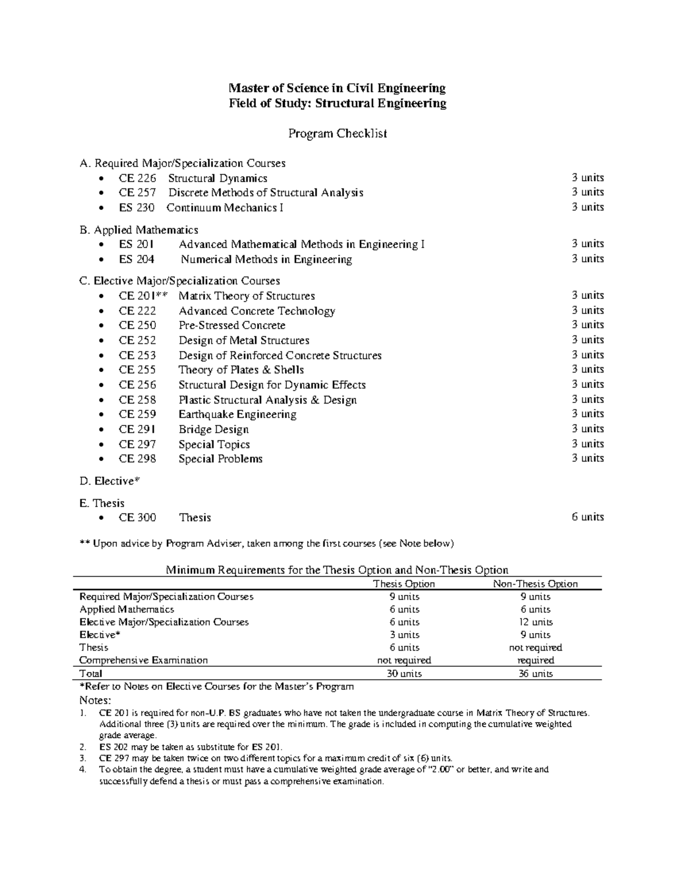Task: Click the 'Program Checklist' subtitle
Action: pyautogui.click(x=337, y=134)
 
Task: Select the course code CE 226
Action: pyautogui.click(x=137, y=178)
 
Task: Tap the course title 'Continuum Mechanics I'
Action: pyautogui.click(x=225, y=208)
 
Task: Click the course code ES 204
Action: pyautogui.click(x=136, y=259)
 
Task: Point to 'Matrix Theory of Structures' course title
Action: pyautogui.click(x=246, y=296)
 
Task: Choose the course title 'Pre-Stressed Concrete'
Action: pyautogui.click(x=232, y=325)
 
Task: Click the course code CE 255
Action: pyautogui.click(x=137, y=370)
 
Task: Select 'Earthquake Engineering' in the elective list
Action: pyautogui.click(x=237, y=414)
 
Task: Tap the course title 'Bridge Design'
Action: pyautogui.click(x=214, y=429)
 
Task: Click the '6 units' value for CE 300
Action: pyautogui.click(x=587, y=517)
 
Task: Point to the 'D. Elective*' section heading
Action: pyautogui.click(x=110, y=481)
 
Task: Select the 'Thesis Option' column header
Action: pyautogui.click(x=404, y=584)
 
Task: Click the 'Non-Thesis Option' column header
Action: pyautogui.click(x=535, y=584)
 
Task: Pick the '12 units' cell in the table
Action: pyautogui.click(x=535, y=622)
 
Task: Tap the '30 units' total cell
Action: pyautogui.click(x=404, y=674)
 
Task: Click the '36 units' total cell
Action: pyautogui.click(x=535, y=674)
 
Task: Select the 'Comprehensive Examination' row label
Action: pyautogui.click(x=143, y=660)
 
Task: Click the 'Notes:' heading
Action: pyautogui.click(x=96, y=700)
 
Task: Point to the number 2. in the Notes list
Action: pyautogui.click(x=83, y=747)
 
